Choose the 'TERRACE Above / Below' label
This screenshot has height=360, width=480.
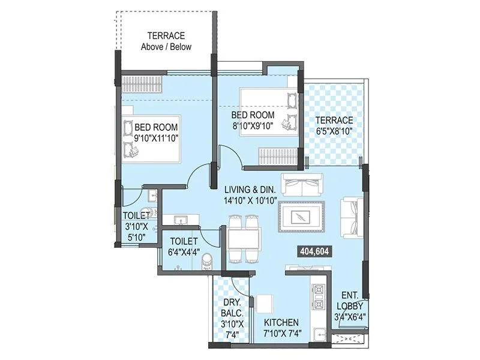pos(166,41)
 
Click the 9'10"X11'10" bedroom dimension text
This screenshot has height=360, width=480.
pos(157,137)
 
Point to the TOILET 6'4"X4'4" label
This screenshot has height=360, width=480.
pos(184,246)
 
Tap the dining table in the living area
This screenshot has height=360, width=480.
pos(244,238)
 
